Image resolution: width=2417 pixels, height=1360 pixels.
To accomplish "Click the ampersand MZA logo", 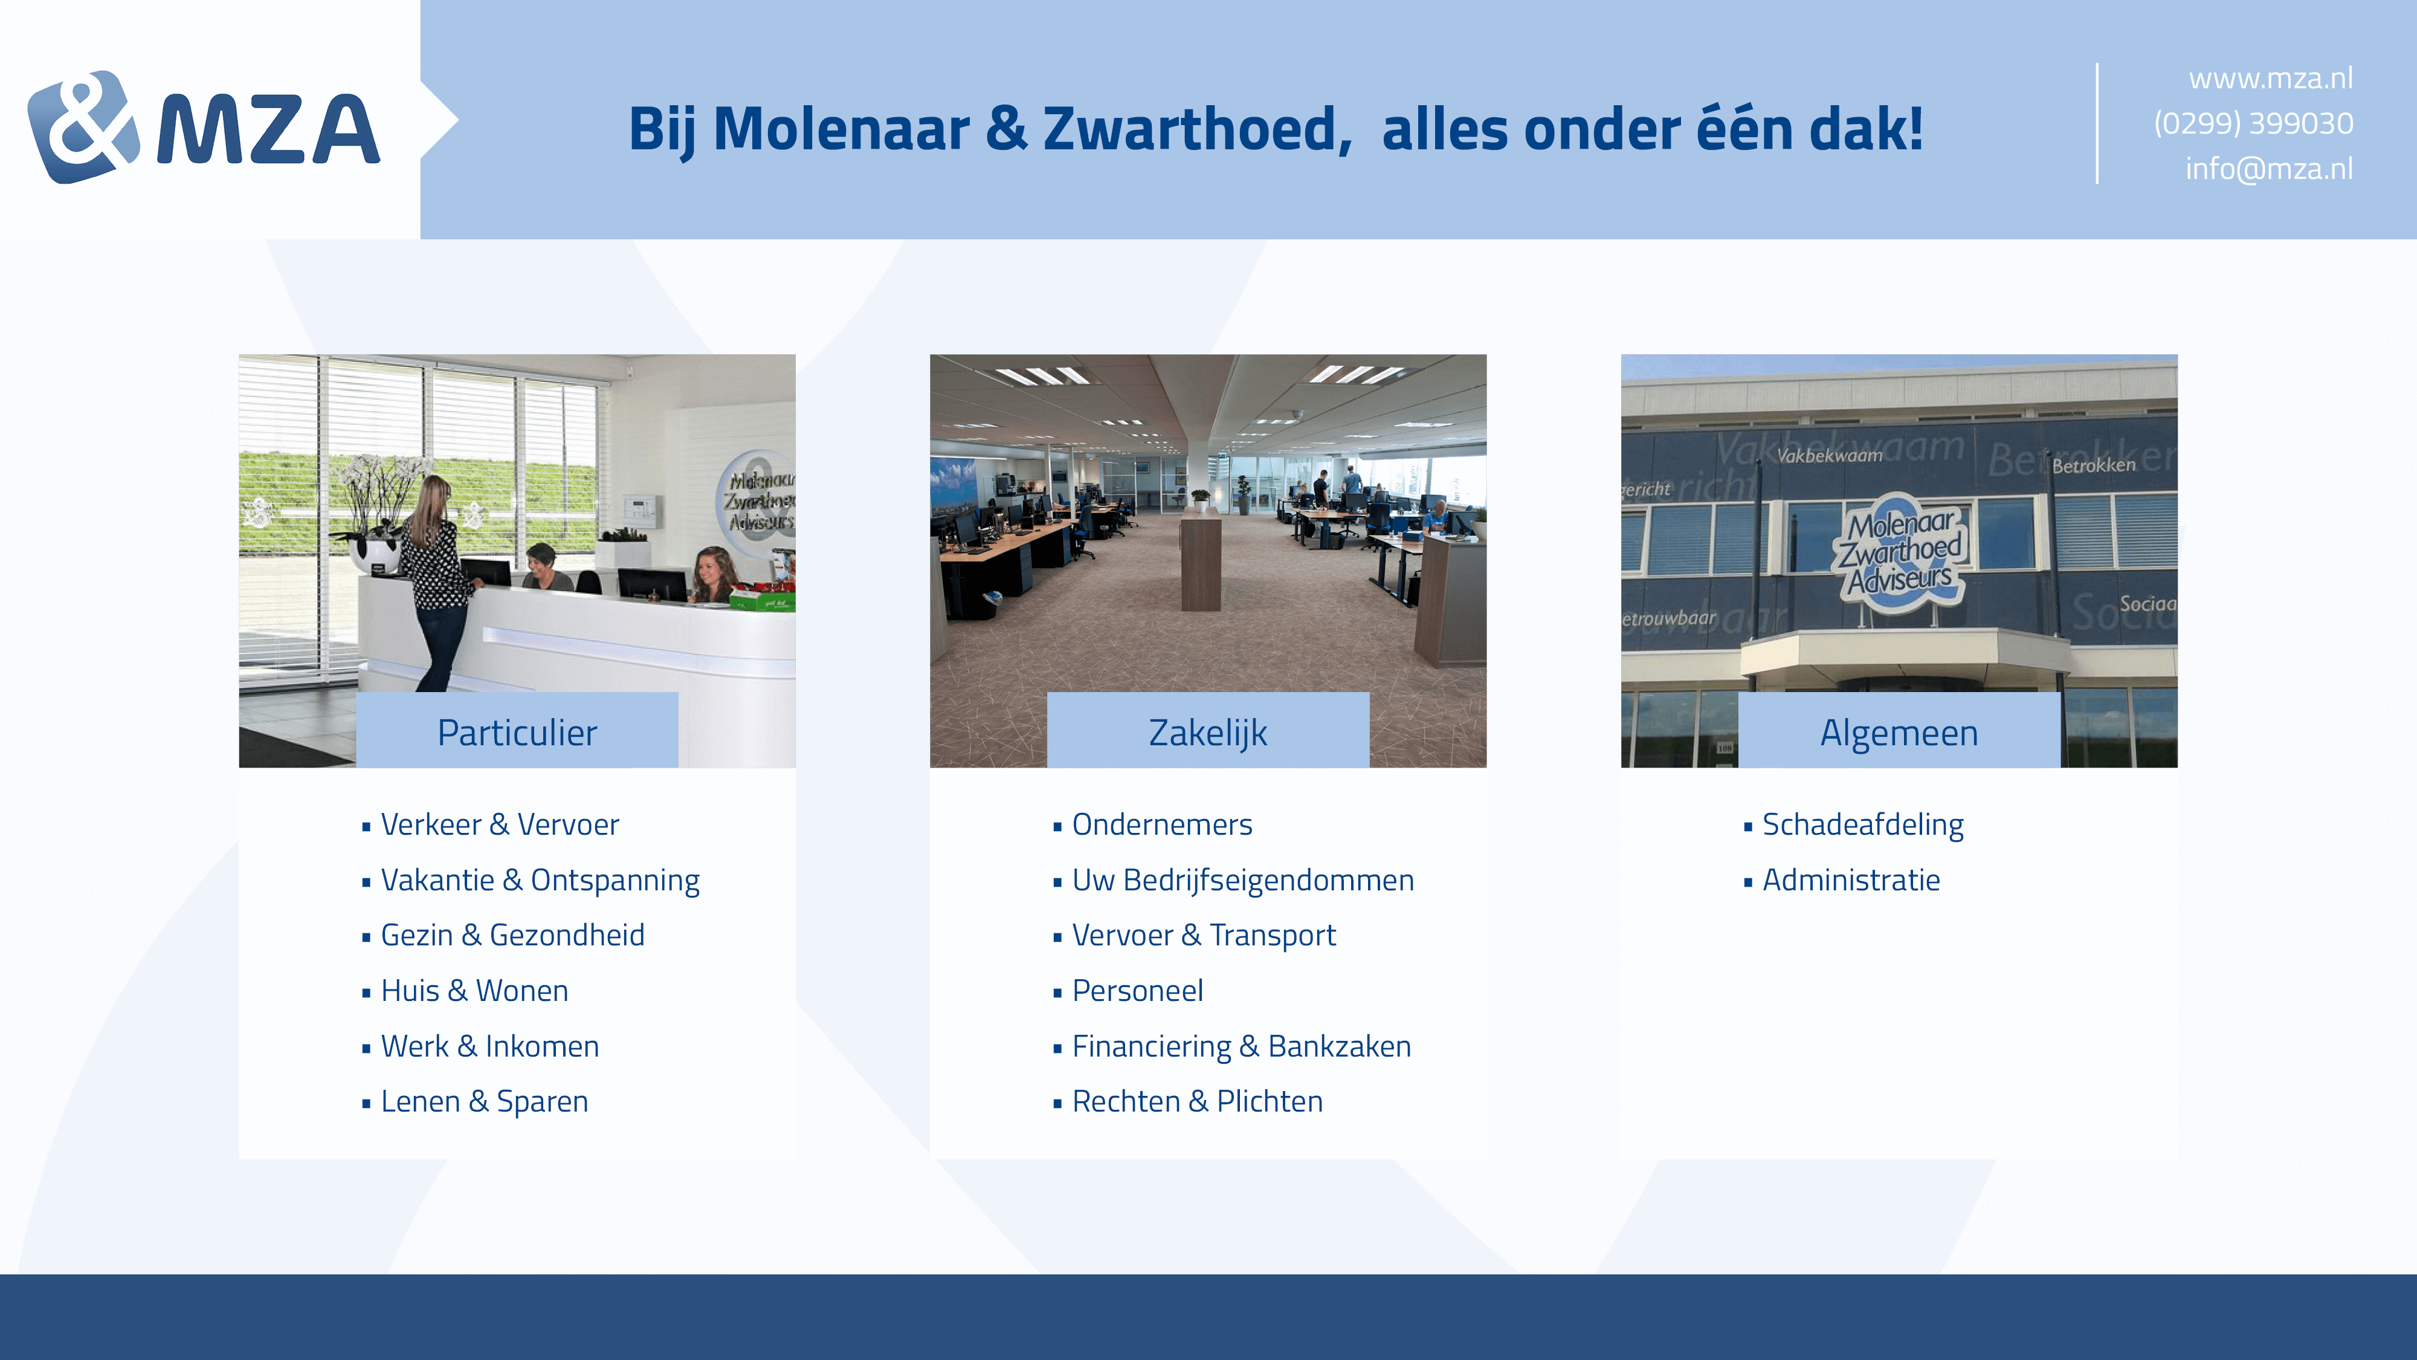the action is coord(204,127).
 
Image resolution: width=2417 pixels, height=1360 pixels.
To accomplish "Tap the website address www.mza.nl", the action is coord(2271,78).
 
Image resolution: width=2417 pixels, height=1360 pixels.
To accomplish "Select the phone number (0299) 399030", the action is coord(2253,123).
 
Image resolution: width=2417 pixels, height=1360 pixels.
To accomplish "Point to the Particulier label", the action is coord(517,732).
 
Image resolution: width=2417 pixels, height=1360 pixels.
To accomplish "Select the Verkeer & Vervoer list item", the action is coord(499,824).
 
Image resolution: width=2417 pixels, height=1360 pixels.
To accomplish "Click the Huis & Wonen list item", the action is coord(474,990).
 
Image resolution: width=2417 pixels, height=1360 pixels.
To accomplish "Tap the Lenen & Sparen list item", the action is coord(484,1101).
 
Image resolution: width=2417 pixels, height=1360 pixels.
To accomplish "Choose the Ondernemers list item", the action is coord(1161,824).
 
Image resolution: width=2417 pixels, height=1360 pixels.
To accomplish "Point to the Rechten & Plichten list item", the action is coord(1197,1101).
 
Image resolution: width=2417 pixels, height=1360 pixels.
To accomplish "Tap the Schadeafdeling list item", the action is coord(1862,824).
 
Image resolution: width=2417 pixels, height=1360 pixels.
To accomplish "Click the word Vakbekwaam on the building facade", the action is coord(1830,455).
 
